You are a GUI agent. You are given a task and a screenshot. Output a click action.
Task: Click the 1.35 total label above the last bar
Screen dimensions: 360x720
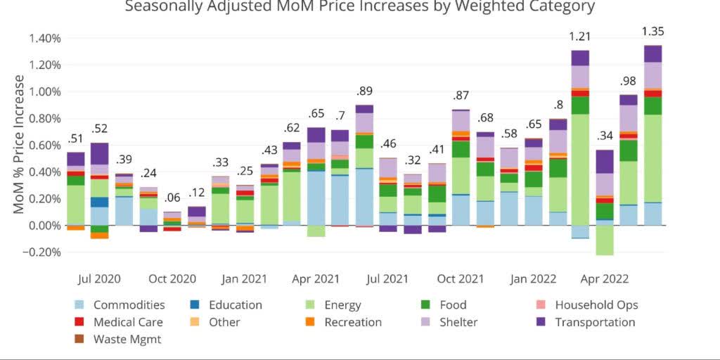tap(652, 32)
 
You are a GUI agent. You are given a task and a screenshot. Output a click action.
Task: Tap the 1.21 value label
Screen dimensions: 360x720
tap(580, 36)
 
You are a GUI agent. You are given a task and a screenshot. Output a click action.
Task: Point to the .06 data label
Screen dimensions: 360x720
tap(172, 198)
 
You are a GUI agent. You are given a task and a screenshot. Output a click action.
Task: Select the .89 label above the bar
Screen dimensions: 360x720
tap(364, 91)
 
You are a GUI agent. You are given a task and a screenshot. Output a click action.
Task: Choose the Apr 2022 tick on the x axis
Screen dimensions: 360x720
tap(605, 279)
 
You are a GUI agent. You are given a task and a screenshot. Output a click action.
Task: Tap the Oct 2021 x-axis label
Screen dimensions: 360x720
tap(461, 279)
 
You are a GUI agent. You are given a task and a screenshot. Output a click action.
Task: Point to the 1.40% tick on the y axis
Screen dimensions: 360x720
tap(46, 38)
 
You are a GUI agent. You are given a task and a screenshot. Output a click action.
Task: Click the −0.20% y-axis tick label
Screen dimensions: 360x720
tap(42, 252)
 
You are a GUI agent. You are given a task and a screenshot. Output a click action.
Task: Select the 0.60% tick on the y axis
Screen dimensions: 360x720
tap(46, 146)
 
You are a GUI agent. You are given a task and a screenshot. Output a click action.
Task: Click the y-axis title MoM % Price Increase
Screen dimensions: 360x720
tap(19, 144)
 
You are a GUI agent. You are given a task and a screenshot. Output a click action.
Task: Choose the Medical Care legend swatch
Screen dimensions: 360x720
tap(80, 323)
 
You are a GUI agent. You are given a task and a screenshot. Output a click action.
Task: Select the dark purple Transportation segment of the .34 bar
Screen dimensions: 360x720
tap(604, 162)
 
